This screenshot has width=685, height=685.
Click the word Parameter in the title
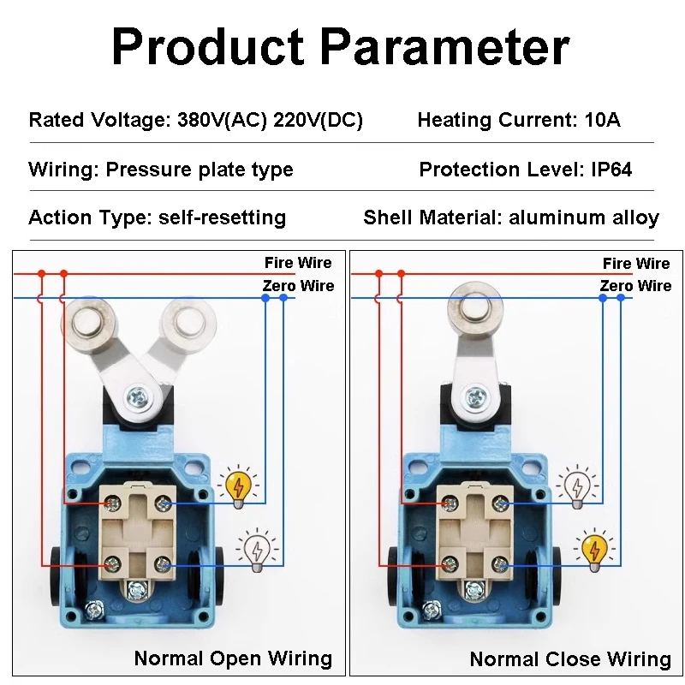coord(445,47)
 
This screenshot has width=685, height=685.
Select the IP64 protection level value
coord(611,170)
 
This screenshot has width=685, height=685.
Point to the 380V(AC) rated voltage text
coord(222,120)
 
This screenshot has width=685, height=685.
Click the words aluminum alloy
coord(584,217)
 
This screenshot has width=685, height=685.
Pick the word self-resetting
coord(222,217)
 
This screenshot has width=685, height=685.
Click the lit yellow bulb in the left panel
coord(238,487)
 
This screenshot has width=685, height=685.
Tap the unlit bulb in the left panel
coord(258,550)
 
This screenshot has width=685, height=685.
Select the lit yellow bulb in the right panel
coord(594,550)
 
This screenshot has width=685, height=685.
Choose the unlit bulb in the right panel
coord(577,487)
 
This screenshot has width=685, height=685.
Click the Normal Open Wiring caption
coord(233,658)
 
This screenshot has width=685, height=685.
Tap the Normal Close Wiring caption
coord(570,658)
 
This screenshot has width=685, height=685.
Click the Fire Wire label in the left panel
coord(298,263)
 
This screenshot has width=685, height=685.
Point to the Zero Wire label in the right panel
coord(635,286)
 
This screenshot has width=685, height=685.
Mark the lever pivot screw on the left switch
coord(140,397)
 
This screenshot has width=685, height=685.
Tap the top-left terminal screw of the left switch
coord(113,503)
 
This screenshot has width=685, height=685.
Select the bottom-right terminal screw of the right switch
coord(500,565)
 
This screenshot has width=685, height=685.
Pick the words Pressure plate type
coord(200,170)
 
